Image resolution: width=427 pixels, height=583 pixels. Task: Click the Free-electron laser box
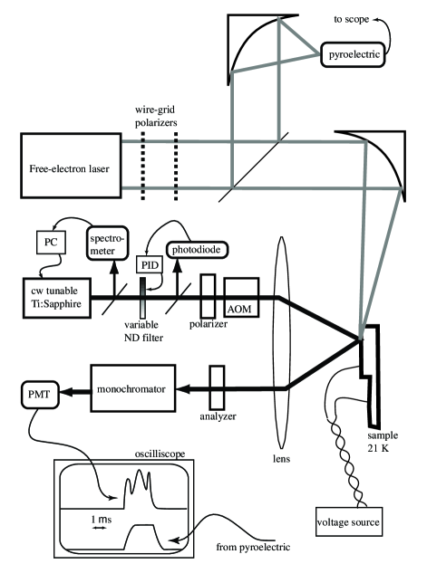coord(71,166)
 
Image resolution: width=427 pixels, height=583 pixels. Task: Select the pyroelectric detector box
coord(353,54)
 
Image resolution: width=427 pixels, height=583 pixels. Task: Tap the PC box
coord(51,243)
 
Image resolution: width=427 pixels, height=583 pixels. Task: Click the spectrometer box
coord(108,243)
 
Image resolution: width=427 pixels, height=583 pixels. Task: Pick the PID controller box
coord(150,264)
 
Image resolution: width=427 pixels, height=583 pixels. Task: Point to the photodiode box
coord(196,250)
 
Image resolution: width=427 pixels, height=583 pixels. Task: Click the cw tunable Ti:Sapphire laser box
coord(56,298)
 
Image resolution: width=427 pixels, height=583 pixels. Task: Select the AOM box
coord(241,298)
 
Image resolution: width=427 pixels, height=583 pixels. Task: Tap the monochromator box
coord(133,388)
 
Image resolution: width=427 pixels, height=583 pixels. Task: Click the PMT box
coord(40,395)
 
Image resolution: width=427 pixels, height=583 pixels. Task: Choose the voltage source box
coord(349,521)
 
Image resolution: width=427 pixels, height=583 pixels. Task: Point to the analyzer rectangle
coord(217,387)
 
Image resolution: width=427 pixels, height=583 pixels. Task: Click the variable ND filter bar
coord(143,298)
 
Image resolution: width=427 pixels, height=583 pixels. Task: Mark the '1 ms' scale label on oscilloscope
coord(102,520)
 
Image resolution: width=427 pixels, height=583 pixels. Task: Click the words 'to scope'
coord(352,19)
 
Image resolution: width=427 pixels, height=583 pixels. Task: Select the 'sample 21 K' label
coord(383,442)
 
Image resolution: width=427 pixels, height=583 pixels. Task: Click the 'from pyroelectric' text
coord(253,547)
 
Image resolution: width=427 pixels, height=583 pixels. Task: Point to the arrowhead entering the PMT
coord(64,391)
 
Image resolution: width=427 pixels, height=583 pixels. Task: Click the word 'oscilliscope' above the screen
coord(160,454)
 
